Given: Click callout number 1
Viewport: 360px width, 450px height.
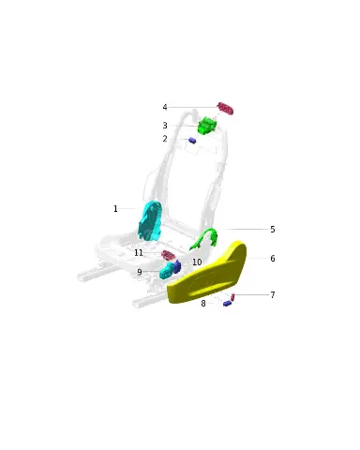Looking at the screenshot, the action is [x=115, y=208].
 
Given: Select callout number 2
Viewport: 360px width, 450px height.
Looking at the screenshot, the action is [x=165, y=139].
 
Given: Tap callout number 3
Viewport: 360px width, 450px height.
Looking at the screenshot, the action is [x=165, y=126].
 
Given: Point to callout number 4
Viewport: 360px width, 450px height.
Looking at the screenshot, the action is [x=165, y=107].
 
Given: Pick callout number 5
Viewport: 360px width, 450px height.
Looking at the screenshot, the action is [x=273, y=230].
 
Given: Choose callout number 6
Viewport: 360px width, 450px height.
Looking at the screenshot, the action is [x=273, y=259].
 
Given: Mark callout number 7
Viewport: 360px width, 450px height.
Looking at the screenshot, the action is [x=273, y=295].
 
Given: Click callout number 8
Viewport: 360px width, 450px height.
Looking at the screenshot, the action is [x=203, y=304].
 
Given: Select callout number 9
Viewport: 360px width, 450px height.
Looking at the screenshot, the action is [x=140, y=272].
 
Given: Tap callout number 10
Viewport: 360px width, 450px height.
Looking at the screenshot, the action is [x=197, y=262].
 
